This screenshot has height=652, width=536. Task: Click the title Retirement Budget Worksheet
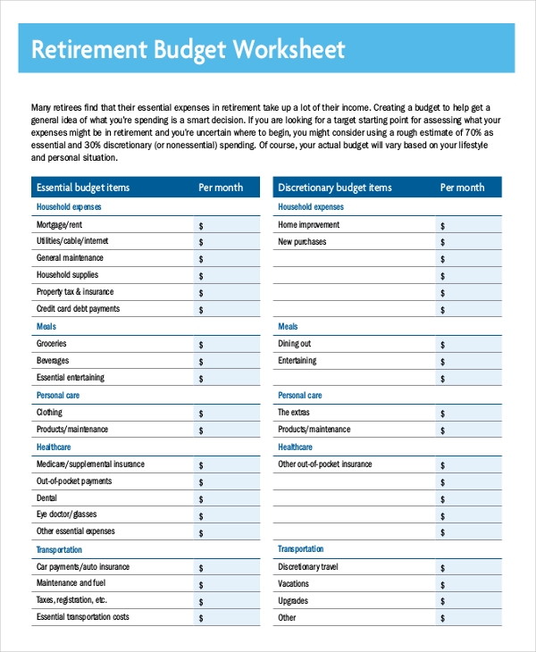pos(188,49)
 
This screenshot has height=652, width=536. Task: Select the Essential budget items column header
pos(82,188)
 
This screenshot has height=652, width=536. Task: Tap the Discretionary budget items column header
pos(335,188)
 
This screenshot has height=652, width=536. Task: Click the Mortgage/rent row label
pos(59,225)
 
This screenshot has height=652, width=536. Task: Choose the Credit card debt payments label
pos(78,309)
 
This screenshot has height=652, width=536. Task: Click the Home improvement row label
pos(308,225)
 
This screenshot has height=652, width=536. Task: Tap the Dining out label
pos(294,344)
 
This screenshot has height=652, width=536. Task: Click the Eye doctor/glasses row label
pos(66,514)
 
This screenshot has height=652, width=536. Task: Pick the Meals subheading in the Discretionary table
pos(288,327)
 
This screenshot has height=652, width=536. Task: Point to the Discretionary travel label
pos(308,567)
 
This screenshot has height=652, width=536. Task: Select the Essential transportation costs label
pos(82,617)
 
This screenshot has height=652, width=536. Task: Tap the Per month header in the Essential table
pos(220,188)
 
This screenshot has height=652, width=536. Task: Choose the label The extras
pos(295,413)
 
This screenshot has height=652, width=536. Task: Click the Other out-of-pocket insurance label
pos(325,464)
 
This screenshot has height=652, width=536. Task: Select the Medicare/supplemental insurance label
pos(90,464)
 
